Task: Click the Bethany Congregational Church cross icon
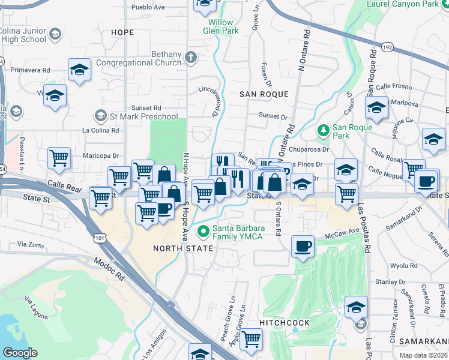191,58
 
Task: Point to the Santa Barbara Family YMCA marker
204,230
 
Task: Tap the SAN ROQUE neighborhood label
264,94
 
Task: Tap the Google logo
20,352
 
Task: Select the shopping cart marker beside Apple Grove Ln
252,339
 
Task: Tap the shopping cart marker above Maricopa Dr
59,158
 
